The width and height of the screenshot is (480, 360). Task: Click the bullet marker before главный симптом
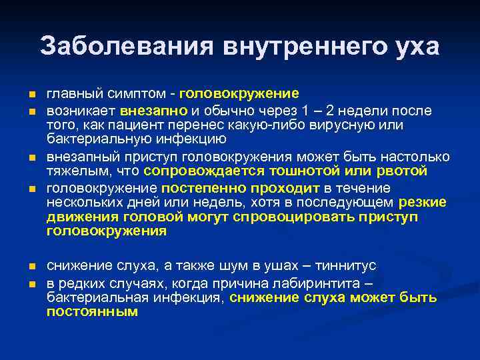click(23, 93)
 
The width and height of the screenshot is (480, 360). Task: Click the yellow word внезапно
click(155, 110)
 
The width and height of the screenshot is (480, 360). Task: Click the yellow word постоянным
click(92, 311)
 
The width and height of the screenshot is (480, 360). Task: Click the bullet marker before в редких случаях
click(23, 283)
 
